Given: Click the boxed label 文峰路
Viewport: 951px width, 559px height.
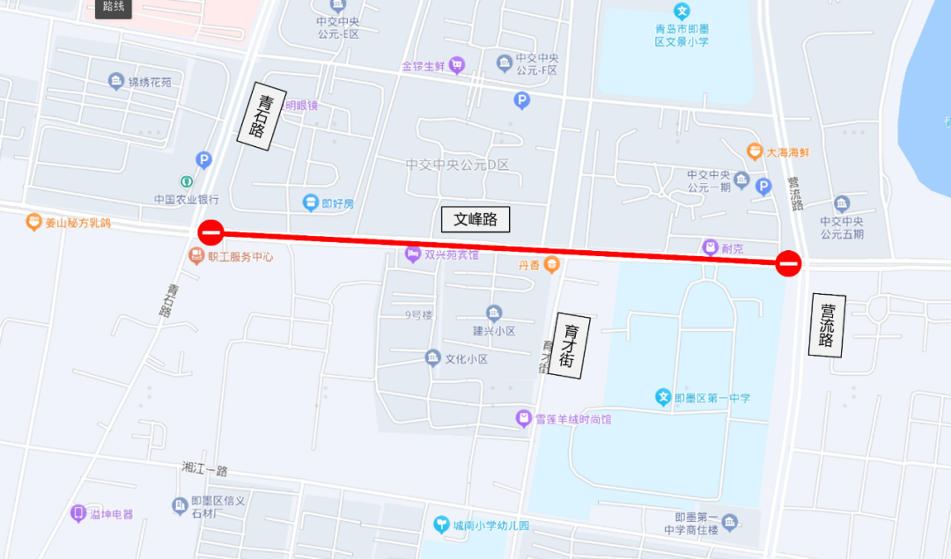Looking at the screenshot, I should [x=475, y=219].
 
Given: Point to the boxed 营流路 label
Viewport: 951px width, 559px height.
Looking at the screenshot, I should [x=827, y=325].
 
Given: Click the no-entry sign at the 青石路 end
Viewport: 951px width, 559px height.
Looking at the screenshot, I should [x=210, y=232].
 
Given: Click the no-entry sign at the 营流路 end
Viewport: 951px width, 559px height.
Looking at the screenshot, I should [x=788, y=262].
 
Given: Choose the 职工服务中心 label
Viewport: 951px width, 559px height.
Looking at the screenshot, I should [x=240, y=257].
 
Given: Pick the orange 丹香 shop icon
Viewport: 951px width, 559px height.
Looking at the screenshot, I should [x=552, y=263].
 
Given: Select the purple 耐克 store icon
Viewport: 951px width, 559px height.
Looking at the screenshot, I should [x=710, y=247].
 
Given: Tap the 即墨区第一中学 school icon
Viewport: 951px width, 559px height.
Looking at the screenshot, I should [x=663, y=398].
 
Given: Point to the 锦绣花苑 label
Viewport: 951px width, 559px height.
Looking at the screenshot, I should [x=150, y=82].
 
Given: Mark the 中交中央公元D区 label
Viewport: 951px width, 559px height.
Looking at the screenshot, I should [x=457, y=165].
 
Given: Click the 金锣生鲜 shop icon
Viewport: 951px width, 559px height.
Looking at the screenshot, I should [x=456, y=64].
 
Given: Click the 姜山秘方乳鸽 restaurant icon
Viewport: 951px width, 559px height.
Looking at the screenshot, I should [x=33, y=222].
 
